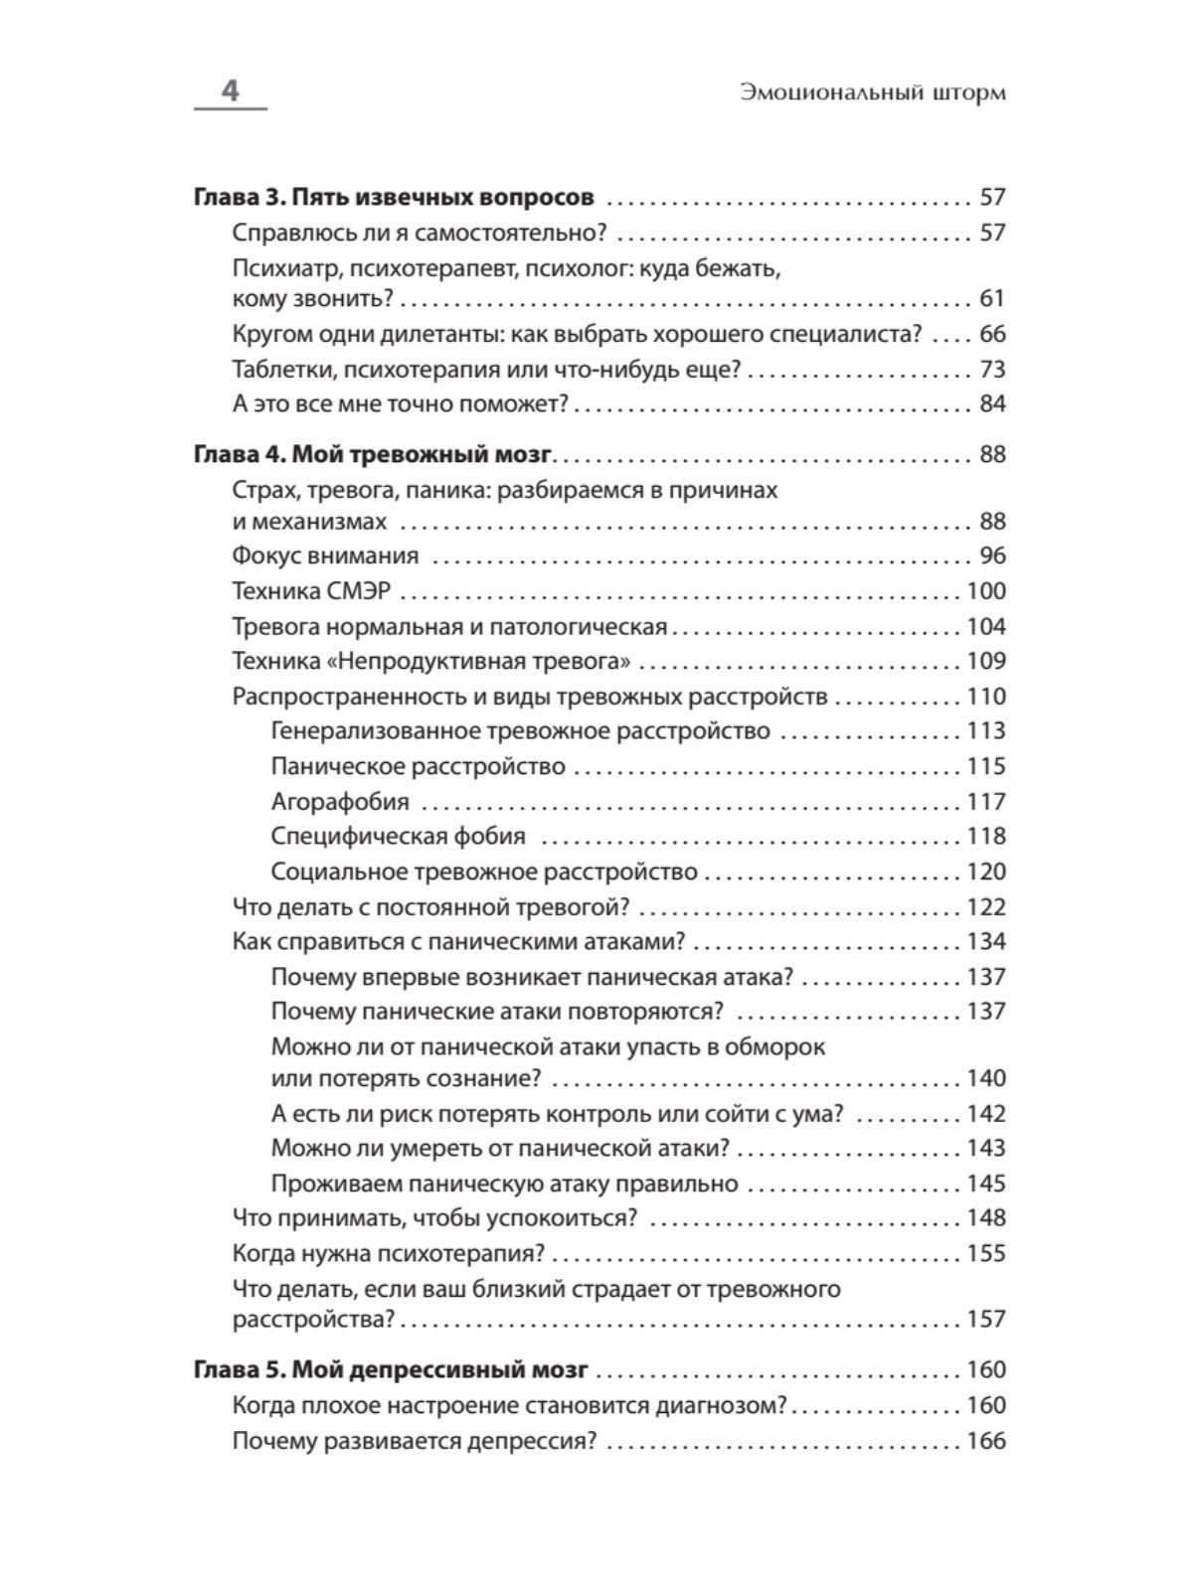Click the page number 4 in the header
(x=230, y=91)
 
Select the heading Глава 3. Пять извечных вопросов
(x=394, y=197)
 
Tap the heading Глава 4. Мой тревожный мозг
(x=372, y=454)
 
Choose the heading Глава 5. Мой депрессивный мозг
(x=391, y=1369)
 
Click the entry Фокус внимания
(x=325, y=556)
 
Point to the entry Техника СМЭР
(x=311, y=591)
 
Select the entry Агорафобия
(x=340, y=801)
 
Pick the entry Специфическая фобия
(x=398, y=836)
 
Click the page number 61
(x=992, y=298)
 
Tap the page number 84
(x=992, y=403)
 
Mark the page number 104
(x=986, y=626)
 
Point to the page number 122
(x=986, y=906)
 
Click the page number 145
(x=986, y=1183)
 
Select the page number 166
(x=986, y=1440)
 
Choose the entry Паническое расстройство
(x=418, y=766)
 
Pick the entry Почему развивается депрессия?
(x=414, y=1440)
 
